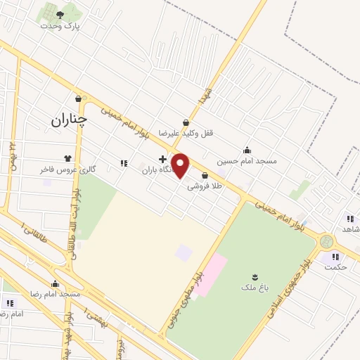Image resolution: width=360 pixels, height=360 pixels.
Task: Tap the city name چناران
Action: coord(67,120)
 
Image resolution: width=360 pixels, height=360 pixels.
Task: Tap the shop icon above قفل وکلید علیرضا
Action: coord(186,122)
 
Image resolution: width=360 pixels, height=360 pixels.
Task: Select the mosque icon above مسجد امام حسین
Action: coord(247,150)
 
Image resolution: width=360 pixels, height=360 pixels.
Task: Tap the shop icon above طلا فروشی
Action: coord(205,175)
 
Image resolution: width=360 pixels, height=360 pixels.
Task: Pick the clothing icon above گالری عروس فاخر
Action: coord(68,158)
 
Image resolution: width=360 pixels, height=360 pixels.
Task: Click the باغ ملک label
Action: coord(254,287)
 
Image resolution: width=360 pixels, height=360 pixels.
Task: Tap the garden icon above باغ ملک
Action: coord(255,276)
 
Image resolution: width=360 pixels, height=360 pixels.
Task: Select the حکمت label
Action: coord(337,267)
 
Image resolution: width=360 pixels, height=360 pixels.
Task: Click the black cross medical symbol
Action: coord(162,160)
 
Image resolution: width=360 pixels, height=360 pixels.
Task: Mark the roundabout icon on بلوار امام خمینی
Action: coord(325,241)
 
